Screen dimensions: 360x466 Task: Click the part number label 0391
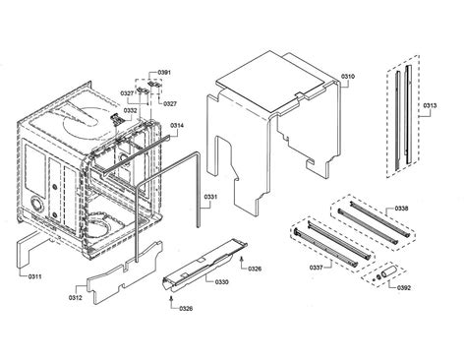pos(165,73)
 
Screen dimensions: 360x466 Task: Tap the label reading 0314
pos(177,126)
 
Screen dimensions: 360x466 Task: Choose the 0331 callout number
pos(211,199)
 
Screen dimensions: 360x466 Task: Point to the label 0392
pos(401,287)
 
